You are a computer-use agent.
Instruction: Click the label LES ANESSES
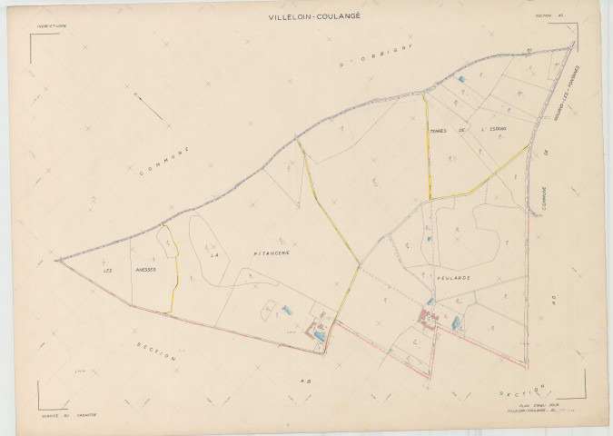click(130, 270)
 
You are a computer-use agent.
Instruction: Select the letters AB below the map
click(306, 381)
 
